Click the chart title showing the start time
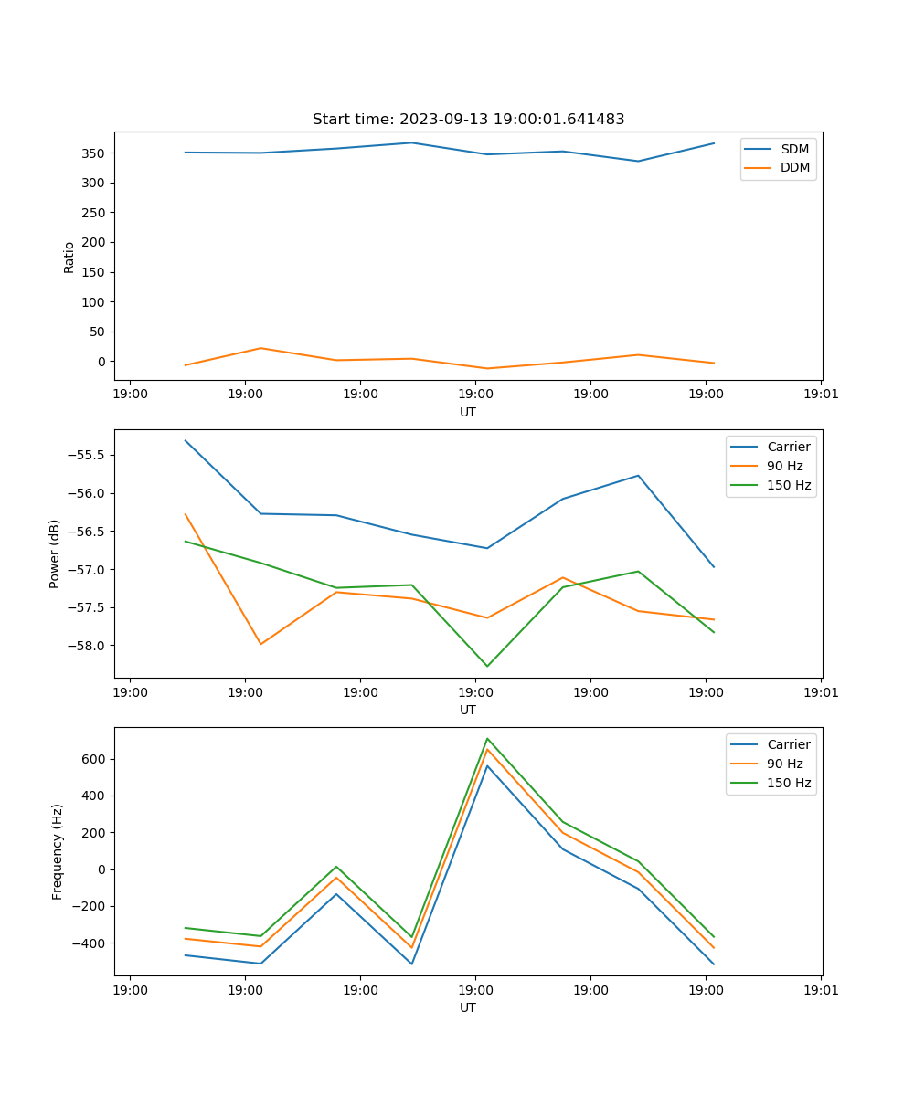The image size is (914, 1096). (x=468, y=120)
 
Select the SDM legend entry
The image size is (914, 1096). (x=794, y=148)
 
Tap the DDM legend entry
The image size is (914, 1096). (x=794, y=167)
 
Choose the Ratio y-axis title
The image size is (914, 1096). (x=69, y=257)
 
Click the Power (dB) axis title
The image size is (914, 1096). (x=55, y=553)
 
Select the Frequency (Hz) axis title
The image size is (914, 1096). (x=57, y=851)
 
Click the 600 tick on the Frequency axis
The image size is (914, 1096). (x=94, y=759)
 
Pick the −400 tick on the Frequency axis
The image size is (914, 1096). (x=90, y=943)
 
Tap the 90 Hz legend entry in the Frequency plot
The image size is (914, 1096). (x=785, y=764)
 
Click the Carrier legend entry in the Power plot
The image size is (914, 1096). (x=788, y=447)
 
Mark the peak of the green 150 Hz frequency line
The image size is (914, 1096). (x=487, y=738)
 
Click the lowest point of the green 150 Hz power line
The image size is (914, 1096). (x=487, y=666)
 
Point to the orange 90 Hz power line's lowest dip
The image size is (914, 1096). (x=260, y=644)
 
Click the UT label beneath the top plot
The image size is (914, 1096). (x=468, y=412)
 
